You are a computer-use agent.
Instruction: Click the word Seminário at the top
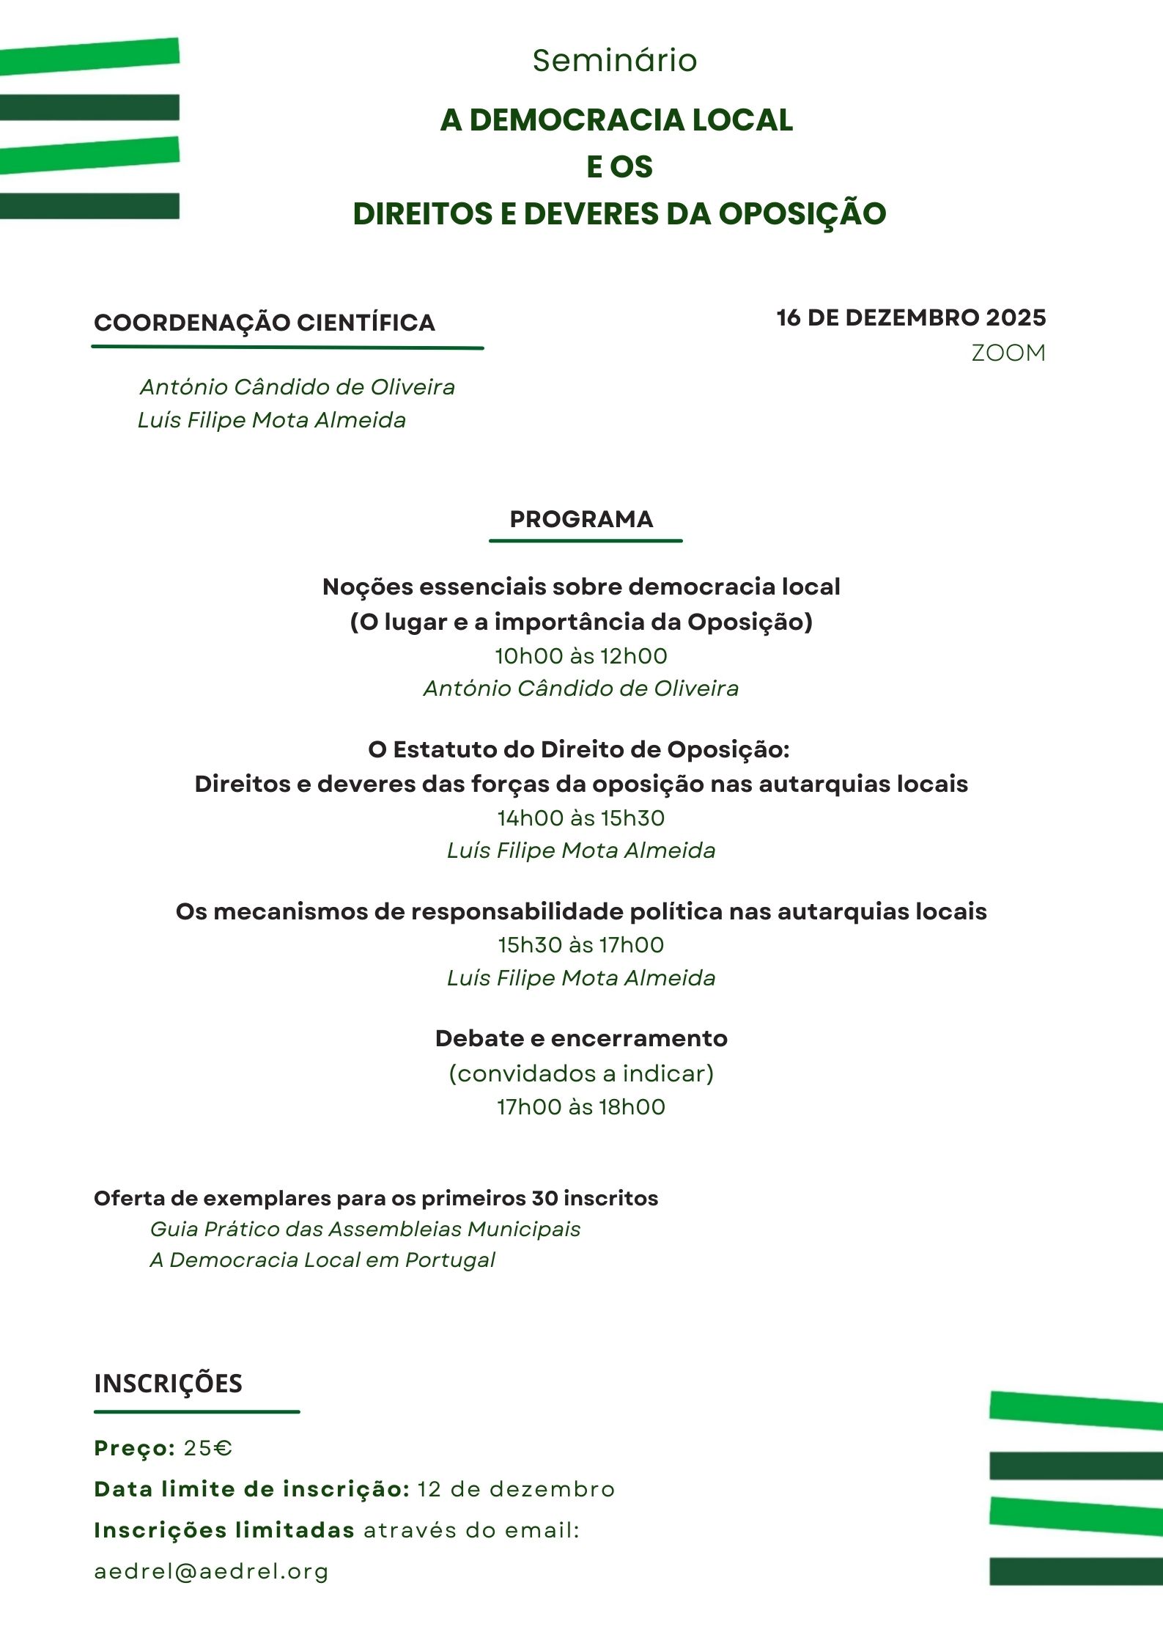pyautogui.click(x=614, y=60)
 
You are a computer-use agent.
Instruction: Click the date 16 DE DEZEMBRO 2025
pyautogui.click(x=911, y=317)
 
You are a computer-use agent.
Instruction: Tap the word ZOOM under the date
pyautogui.click(x=1008, y=353)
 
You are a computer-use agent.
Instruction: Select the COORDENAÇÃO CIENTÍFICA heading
pyautogui.click(x=265, y=323)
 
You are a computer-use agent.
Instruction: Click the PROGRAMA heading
pyautogui.click(x=581, y=519)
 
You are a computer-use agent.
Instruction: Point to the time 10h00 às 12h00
pyautogui.click(x=581, y=655)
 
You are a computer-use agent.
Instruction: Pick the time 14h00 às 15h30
pyautogui.click(x=581, y=818)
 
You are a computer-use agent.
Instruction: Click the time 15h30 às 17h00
pyautogui.click(x=581, y=944)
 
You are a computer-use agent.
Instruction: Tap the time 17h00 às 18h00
pyautogui.click(x=581, y=1106)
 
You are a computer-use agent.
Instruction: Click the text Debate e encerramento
pyautogui.click(x=581, y=1038)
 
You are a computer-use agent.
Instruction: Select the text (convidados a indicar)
pyautogui.click(x=581, y=1073)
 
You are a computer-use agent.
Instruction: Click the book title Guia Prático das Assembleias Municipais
pyautogui.click(x=365, y=1229)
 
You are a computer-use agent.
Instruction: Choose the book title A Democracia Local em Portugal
pyautogui.click(x=322, y=1260)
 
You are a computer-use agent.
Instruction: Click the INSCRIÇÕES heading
pyautogui.click(x=168, y=1383)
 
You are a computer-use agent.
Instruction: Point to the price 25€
pyautogui.click(x=208, y=1448)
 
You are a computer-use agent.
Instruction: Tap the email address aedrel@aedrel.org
pyautogui.click(x=211, y=1571)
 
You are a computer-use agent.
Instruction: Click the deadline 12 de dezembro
pyautogui.click(x=516, y=1489)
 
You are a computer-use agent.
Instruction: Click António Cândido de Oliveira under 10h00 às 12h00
pyautogui.click(x=581, y=688)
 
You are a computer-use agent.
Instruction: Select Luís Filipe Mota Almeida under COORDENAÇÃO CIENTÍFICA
pyautogui.click(x=272, y=420)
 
